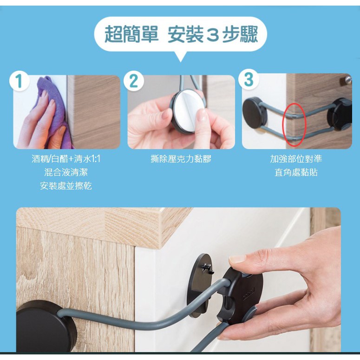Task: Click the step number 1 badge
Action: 20,81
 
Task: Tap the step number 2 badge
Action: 134,81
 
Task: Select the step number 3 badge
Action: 249,79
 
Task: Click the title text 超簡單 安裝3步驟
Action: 181,34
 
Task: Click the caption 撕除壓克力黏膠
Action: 181,159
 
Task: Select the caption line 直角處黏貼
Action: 296,172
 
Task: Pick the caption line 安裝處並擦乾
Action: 66,186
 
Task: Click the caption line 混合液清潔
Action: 66,172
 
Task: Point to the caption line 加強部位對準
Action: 296,159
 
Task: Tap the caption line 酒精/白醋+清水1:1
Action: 66,159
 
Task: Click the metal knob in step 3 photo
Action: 346,80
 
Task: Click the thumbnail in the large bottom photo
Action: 238,259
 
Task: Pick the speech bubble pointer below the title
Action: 180,57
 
